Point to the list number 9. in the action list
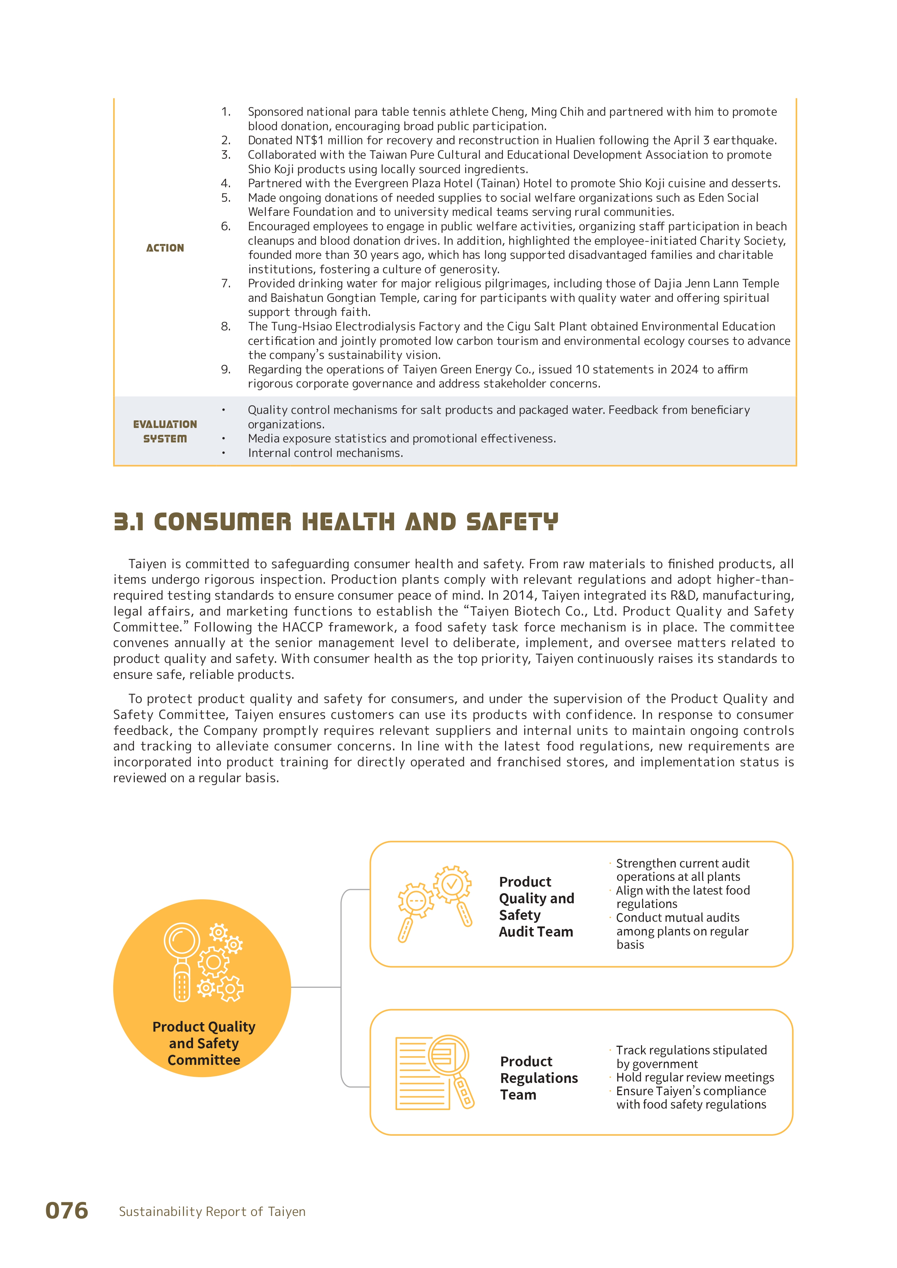(226, 369)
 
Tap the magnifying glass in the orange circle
(182, 961)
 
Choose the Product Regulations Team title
(539, 1078)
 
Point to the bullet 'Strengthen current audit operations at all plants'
(683, 870)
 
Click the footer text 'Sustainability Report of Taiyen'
(212, 1212)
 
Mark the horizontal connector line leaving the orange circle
(315, 987)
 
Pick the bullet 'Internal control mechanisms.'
(325, 453)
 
